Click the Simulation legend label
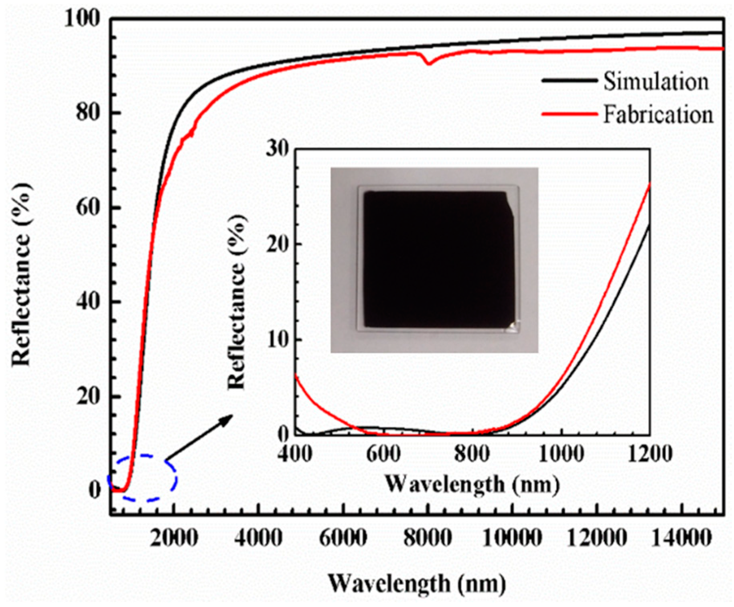pyautogui.click(x=656, y=82)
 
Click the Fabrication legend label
pyautogui.click(x=658, y=115)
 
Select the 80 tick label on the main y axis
pyautogui.click(x=87, y=113)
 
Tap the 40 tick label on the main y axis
pyautogui.click(x=87, y=301)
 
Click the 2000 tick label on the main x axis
pyautogui.click(x=174, y=538)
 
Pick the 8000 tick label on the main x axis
pyautogui.click(x=428, y=538)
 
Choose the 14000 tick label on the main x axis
pyautogui.click(x=681, y=538)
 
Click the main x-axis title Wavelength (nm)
pyautogui.click(x=417, y=583)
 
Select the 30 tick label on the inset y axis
pyautogui.click(x=278, y=149)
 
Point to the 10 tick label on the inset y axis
pyautogui.click(x=278, y=340)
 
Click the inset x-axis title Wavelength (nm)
pyautogui.click(x=472, y=484)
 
